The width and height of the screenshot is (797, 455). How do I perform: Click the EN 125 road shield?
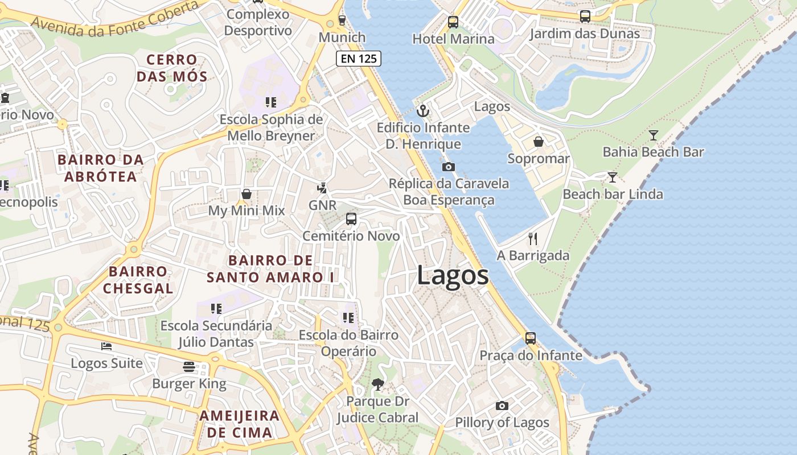point(358,59)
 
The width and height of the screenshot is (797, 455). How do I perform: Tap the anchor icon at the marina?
point(422,110)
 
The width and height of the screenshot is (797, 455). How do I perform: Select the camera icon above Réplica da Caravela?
point(449,167)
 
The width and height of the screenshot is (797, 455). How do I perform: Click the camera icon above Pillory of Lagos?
point(502,406)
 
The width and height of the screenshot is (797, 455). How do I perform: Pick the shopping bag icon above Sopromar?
point(539,142)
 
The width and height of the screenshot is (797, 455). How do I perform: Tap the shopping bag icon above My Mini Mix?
point(247,194)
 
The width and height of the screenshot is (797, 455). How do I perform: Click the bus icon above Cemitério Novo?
point(351,219)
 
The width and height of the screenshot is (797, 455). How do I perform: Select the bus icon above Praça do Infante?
point(531,338)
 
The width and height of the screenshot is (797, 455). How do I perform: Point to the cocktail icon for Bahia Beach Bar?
point(653,135)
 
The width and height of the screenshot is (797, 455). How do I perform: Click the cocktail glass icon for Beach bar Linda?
point(613,177)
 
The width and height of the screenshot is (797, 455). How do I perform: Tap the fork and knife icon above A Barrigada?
point(533,238)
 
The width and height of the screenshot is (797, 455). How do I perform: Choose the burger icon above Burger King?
point(189,367)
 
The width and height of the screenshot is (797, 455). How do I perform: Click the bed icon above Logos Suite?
point(106,346)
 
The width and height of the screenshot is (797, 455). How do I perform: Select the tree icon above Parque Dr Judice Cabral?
point(377,384)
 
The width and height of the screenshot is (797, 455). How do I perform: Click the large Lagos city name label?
point(453,276)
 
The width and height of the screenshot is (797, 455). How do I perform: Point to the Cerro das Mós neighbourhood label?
point(172,68)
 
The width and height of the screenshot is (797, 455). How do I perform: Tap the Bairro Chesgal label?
point(138,280)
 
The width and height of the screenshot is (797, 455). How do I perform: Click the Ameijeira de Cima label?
point(239,424)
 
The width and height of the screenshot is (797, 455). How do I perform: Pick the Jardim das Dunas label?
point(585,34)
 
